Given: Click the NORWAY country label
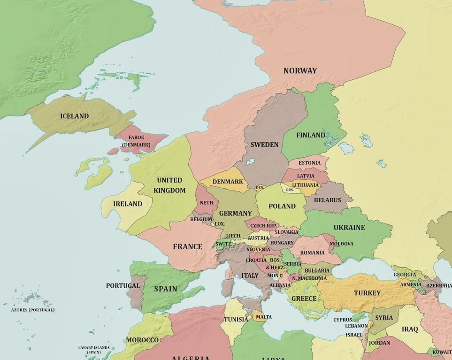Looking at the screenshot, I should [300, 71].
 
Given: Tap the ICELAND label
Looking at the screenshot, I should [74, 116].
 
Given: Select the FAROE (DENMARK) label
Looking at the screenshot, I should [136, 141].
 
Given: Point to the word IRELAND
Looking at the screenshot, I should [128, 204].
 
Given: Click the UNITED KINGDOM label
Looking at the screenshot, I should [169, 185].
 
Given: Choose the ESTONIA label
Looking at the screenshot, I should [310, 163].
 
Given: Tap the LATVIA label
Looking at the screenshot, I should [306, 176].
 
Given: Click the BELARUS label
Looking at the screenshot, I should [328, 200].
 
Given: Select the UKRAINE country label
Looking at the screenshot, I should [349, 228].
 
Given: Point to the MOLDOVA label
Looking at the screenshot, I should [341, 244].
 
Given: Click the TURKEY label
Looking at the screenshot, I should [367, 293].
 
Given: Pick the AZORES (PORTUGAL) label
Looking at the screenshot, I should [33, 310].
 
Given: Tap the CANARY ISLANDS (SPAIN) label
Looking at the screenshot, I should [94, 350].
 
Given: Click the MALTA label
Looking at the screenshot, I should [264, 317].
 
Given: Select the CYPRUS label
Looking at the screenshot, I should [343, 320].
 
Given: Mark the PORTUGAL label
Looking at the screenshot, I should [123, 285].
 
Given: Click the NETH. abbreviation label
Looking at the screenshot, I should [207, 203].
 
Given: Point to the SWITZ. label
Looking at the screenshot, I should [223, 244].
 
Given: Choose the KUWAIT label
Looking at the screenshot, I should [442, 352].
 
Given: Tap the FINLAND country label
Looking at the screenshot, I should [310, 135].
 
